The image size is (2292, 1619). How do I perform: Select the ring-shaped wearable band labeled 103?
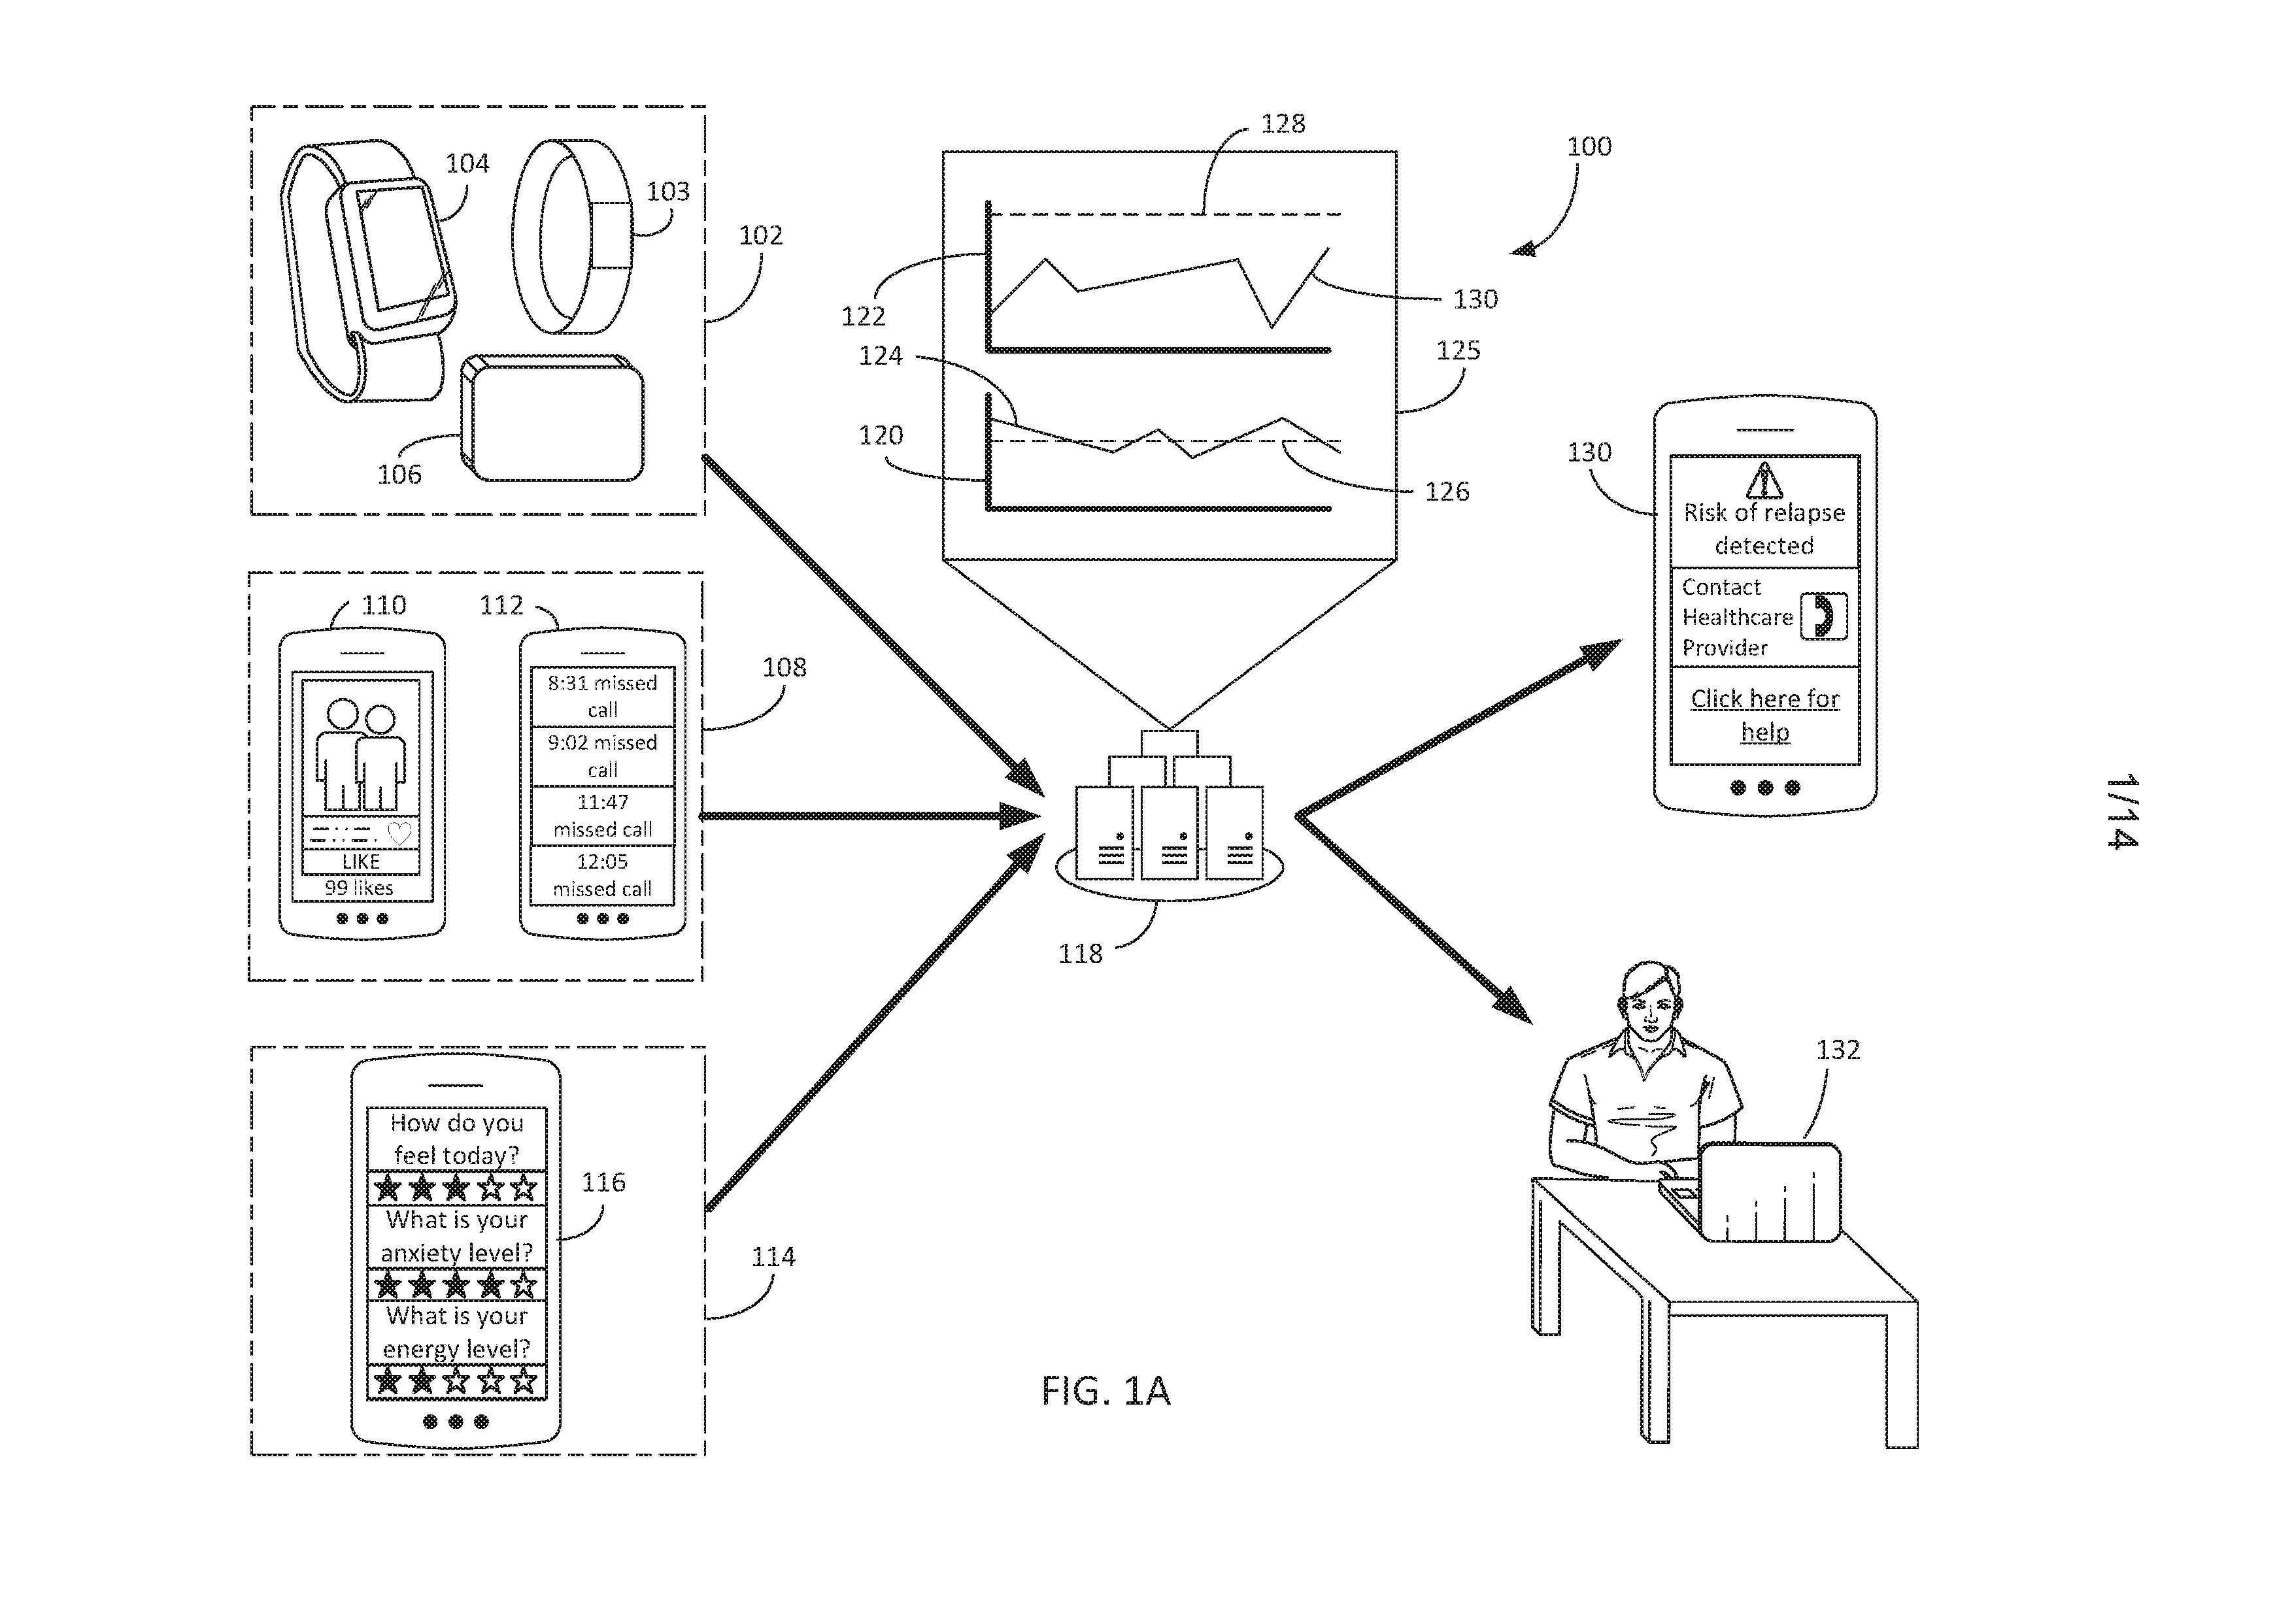coord(572,237)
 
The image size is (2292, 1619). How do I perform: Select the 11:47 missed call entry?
coord(602,816)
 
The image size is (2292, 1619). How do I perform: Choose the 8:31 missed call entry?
coord(602,695)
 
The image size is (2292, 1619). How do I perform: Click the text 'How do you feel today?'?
coord(456,1139)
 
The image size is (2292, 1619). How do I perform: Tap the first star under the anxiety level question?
coord(387,1284)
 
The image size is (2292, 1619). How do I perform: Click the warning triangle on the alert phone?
coord(1764,480)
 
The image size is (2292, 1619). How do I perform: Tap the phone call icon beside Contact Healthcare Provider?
coord(1823,616)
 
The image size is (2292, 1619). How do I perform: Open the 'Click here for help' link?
coord(1765,714)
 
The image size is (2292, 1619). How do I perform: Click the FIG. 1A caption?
coord(1105,1390)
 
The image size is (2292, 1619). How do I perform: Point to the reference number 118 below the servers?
coord(1080,953)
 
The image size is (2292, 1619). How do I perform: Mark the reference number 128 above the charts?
coord(1283,124)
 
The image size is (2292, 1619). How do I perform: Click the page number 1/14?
coord(2122,810)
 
